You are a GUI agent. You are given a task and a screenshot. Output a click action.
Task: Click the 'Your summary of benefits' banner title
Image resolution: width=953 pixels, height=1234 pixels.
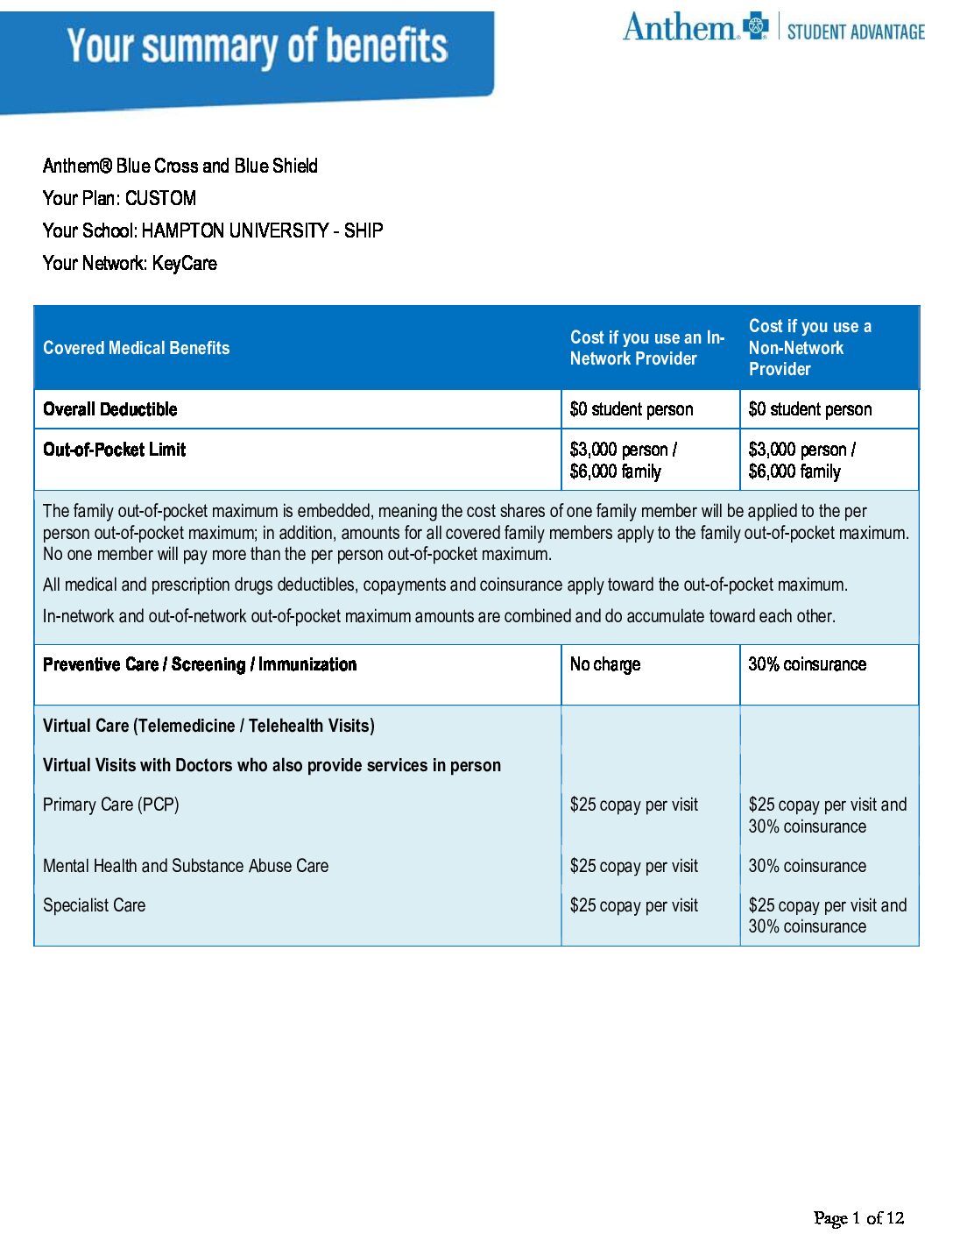coord(258,46)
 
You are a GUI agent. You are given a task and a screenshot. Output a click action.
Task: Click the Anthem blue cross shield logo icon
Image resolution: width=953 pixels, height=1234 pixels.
coord(755,26)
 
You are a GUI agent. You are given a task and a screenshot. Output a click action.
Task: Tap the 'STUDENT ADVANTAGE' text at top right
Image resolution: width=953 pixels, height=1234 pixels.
coord(856,32)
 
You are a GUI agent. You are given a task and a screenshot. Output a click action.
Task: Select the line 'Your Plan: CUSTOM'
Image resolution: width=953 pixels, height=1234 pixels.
coord(119,198)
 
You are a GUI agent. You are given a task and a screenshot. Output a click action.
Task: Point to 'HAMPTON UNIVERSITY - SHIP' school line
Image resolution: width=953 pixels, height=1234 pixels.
coord(262,230)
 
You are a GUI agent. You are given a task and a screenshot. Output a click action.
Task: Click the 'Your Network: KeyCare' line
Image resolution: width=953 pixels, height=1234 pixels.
coord(130,263)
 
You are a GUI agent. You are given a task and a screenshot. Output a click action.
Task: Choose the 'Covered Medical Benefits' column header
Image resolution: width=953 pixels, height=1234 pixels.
coord(137,348)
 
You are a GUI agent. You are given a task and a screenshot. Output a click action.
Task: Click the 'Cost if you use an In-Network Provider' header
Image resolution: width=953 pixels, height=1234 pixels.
coord(646,348)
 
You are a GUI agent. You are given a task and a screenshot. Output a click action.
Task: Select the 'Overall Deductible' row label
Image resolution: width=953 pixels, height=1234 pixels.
coord(110,409)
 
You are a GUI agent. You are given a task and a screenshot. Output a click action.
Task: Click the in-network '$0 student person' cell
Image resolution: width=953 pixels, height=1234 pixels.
coord(632,409)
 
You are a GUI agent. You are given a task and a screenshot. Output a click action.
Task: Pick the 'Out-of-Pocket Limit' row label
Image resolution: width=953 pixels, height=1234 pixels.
coord(115,450)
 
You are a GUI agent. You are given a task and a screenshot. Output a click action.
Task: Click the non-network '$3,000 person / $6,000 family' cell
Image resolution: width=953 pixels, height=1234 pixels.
coord(801,460)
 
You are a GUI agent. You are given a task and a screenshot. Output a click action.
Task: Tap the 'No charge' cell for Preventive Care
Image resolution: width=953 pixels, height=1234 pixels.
coord(605,664)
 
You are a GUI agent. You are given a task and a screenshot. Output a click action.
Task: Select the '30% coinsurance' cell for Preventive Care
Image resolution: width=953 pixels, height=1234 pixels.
coord(807,664)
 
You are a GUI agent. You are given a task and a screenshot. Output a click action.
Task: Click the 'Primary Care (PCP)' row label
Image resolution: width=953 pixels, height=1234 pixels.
coord(111,805)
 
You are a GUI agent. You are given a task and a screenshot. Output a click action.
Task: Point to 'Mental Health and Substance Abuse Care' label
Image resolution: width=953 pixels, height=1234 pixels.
coord(186,866)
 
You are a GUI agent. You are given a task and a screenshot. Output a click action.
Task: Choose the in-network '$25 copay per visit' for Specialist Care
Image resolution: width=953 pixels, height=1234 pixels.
coord(634,905)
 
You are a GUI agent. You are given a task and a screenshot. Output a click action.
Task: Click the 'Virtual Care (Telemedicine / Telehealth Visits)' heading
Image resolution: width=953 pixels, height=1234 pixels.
coord(208,726)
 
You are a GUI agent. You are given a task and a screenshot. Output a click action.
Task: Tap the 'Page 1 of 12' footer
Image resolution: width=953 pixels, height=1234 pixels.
coord(858,1217)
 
